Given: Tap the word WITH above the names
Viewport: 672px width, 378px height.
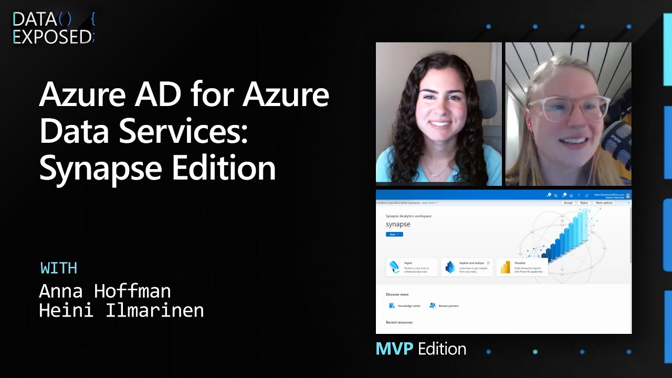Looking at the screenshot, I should [59, 268].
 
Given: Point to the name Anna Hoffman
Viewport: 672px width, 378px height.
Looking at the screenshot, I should [105, 290].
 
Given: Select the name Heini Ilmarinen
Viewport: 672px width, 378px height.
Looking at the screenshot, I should [121, 310].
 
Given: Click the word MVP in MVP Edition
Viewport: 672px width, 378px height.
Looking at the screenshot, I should [394, 349].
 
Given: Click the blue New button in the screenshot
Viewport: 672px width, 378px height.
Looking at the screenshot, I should [394, 234].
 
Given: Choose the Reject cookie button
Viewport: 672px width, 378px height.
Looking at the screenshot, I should [584, 203].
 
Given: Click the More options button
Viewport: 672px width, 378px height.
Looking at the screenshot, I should [604, 203].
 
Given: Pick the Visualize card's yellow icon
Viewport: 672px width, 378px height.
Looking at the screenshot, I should [505, 267].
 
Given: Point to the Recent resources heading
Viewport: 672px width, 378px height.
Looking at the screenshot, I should [399, 322].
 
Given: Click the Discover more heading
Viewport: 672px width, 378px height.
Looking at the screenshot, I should [397, 295].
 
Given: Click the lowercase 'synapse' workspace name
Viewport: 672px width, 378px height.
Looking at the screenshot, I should [398, 224].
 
